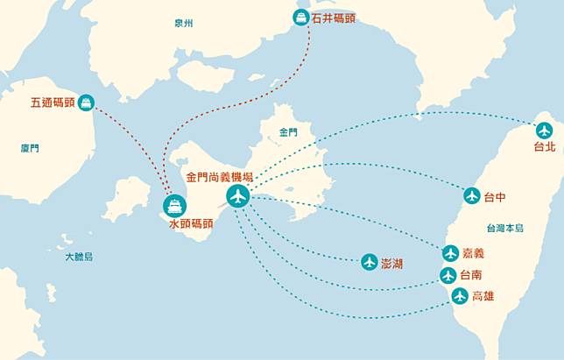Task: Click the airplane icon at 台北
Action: pyautogui.click(x=545, y=131)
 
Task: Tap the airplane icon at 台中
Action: pyautogui.click(x=472, y=195)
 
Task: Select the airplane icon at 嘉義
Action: pyautogui.click(x=450, y=253)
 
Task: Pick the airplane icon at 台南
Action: pyautogui.click(x=448, y=275)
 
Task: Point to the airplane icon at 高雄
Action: pyautogui.click(x=460, y=296)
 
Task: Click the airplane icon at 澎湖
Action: pyautogui.click(x=369, y=262)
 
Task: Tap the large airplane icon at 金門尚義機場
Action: pyautogui.click(x=237, y=196)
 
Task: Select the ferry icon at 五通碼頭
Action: pyautogui.click(x=85, y=102)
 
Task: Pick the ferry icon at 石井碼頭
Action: pyautogui.click(x=300, y=17)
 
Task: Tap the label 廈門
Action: pyautogui.click(x=30, y=149)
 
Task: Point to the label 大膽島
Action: pyautogui.click(x=78, y=256)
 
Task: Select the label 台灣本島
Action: pyautogui.click(x=504, y=228)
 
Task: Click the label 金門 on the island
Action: pyautogui.click(x=288, y=132)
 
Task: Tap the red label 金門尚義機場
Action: pyautogui.click(x=220, y=177)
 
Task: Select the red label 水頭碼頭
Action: pyautogui.click(x=191, y=224)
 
